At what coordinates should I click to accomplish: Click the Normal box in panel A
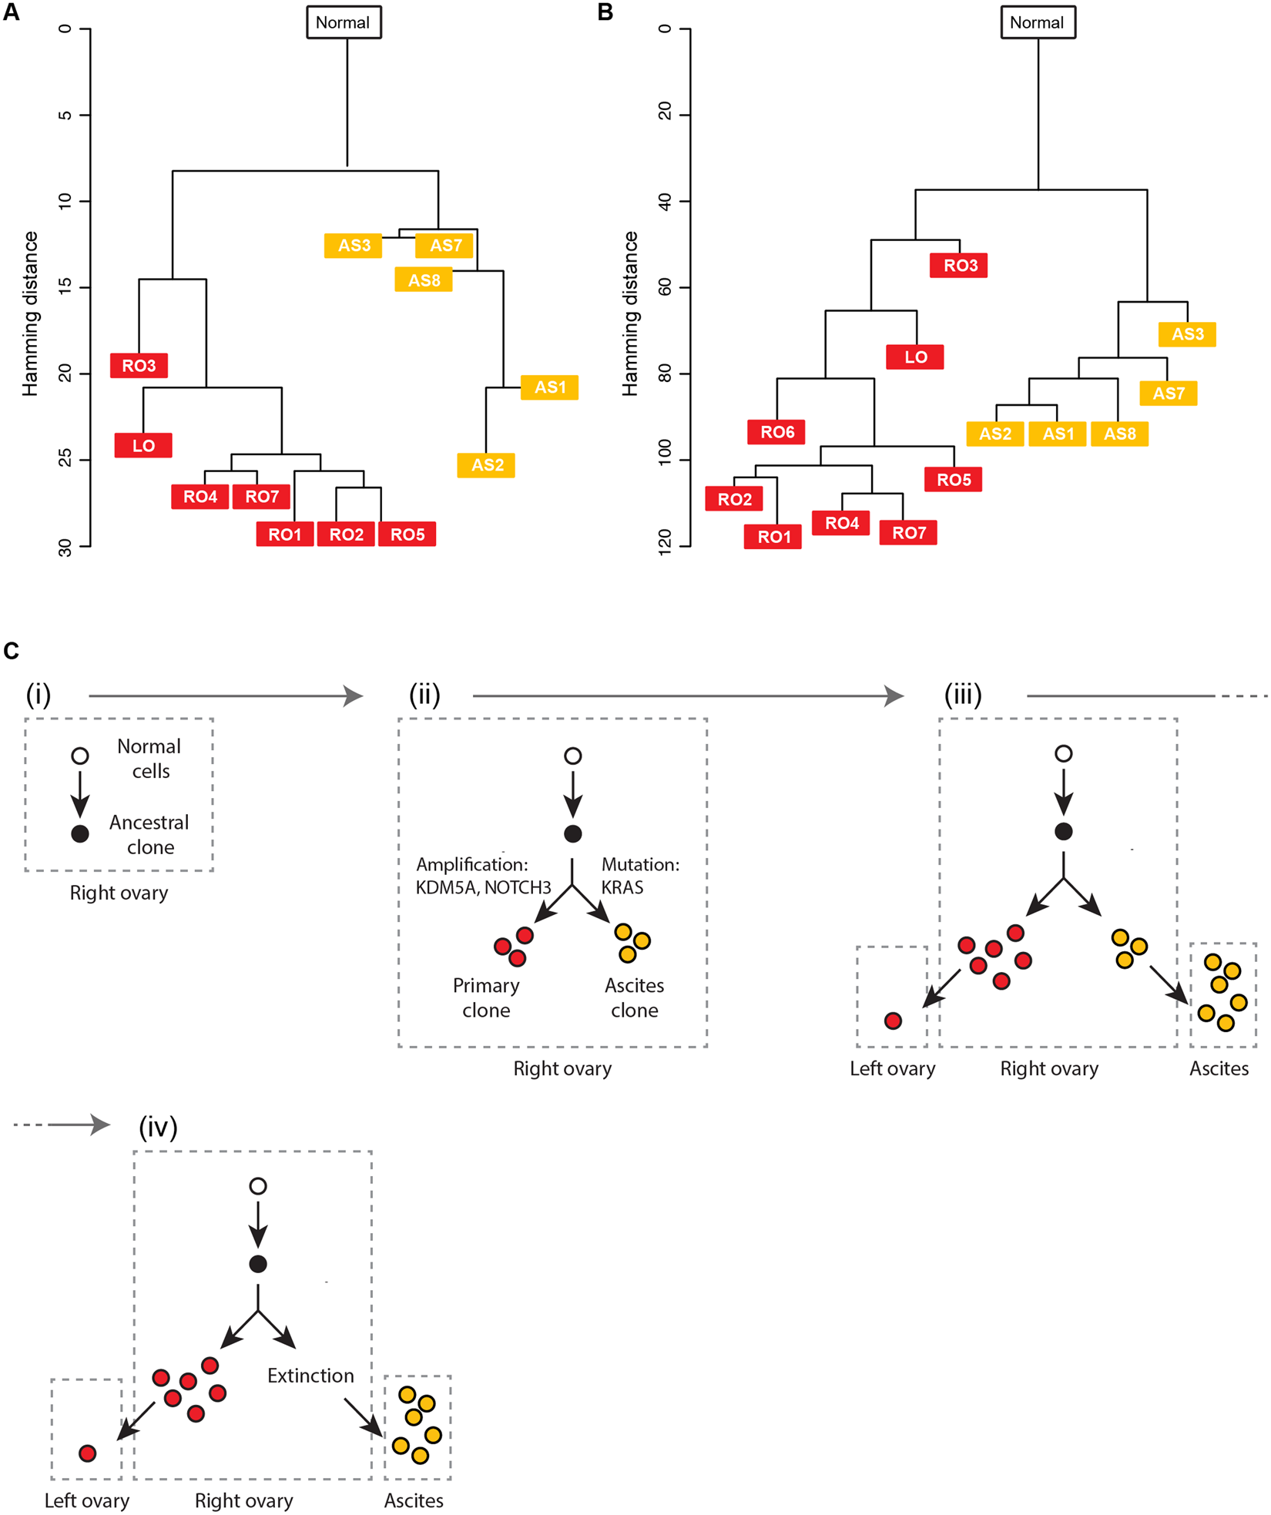(x=344, y=22)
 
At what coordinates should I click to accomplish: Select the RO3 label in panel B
(x=959, y=266)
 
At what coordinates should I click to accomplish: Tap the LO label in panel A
(x=143, y=446)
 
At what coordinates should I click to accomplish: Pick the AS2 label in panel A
(x=486, y=465)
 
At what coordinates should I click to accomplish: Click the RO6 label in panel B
(x=776, y=432)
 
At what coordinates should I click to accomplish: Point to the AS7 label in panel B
(x=1168, y=394)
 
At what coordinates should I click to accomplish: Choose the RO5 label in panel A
(x=407, y=535)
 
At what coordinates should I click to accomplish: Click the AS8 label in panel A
(x=424, y=280)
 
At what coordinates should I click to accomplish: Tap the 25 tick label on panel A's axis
(x=65, y=460)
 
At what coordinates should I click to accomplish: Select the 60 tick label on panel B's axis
(x=665, y=287)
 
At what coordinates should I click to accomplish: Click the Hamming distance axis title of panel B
(x=630, y=313)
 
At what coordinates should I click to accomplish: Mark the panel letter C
(x=12, y=652)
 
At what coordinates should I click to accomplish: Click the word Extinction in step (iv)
(x=310, y=1376)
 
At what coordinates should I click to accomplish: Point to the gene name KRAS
(x=622, y=887)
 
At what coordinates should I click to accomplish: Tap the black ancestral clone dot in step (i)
(x=80, y=833)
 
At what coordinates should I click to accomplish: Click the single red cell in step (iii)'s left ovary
(x=893, y=1021)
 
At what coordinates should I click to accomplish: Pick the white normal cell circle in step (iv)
(x=258, y=1186)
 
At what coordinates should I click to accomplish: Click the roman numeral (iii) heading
(x=963, y=695)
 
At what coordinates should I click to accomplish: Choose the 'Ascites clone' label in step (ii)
(x=634, y=997)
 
